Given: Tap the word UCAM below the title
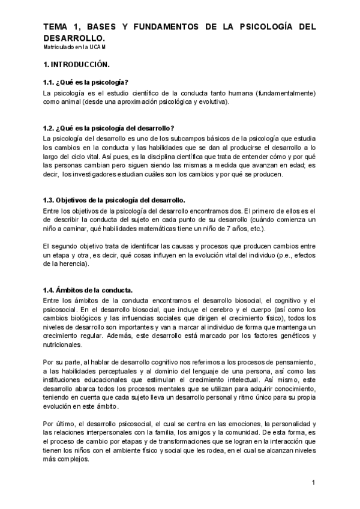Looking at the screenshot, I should pos(101,46).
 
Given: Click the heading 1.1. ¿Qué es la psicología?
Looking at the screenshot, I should pos(86,83).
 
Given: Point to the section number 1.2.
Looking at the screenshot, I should pos(49,128).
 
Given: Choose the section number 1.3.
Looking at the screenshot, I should pos(49,200).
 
